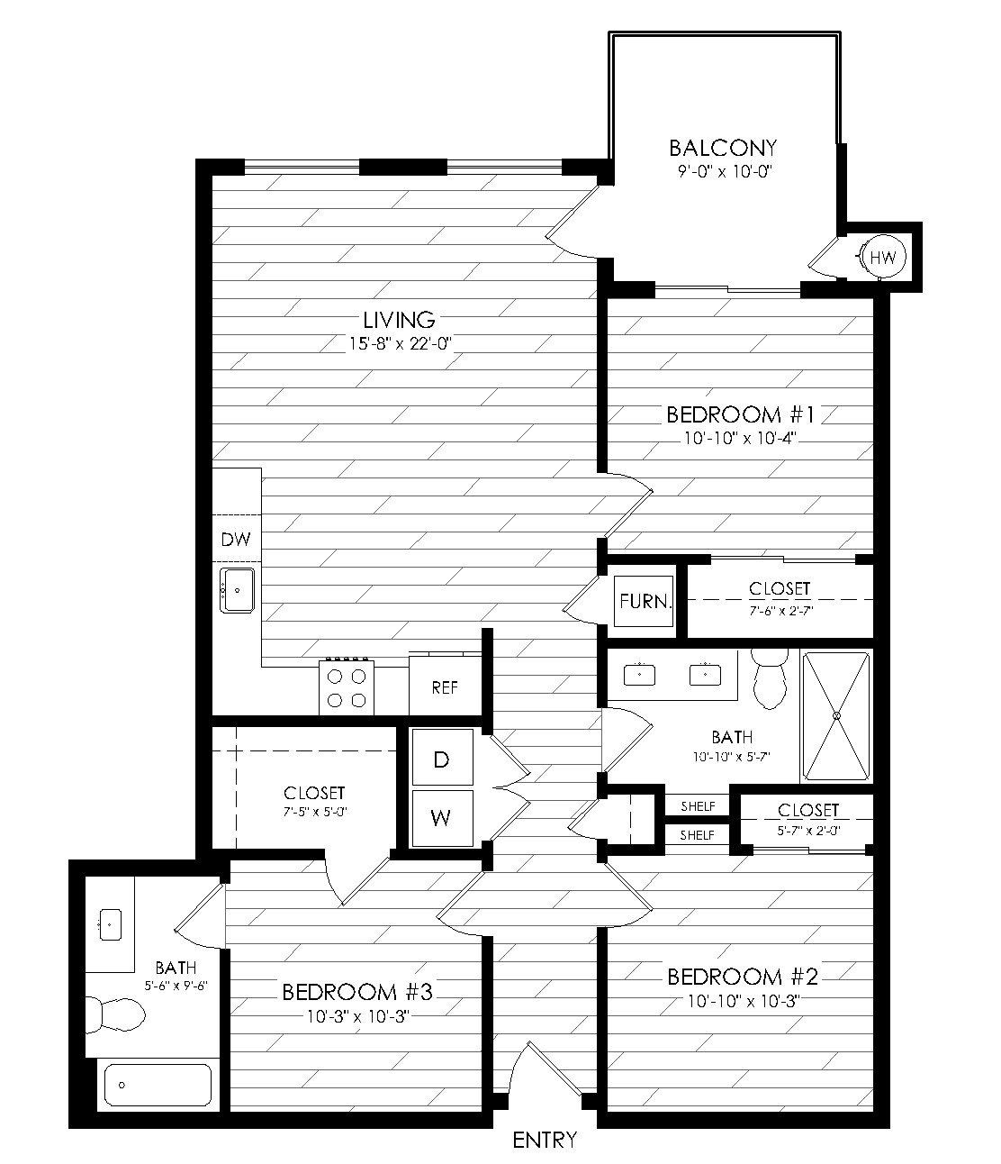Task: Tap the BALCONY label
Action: pyautogui.click(x=723, y=148)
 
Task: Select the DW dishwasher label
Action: pyautogui.click(x=236, y=540)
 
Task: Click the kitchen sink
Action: pyautogui.click(x=237, y=590)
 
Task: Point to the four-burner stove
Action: pyautogui.click(x=347, y=687)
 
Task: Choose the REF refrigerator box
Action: pyautogui.click(x=445, y=685)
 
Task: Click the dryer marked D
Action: pyautogui.click(x=442, y=758)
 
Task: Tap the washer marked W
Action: pyautogui.click(x=442, y=818)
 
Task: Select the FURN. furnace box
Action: pyautogui.click(x=643, y=601)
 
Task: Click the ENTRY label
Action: pyautogui.click(x=545, y=1140)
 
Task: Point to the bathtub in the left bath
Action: pyautogui.click(x=158, y=1085)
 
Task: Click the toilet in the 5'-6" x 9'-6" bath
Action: pyautogui.click(x=115, y=1015)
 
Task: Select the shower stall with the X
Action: pyautogui.click(x=836, y=716)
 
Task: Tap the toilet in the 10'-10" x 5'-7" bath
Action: pyautogui.click(x=770, y=678)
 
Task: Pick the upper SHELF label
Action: pyautogui.click(x=698, y=806)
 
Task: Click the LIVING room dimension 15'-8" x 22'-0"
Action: pyautogui.click(x=401, y=343)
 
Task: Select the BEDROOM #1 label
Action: pyautogui.click(x=741, y=415)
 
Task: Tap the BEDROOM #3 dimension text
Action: pyautogui.click(x=358, y=1016)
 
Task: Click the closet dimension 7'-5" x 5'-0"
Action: pyautogui.click(x=315, y=812)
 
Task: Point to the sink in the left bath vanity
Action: pyautogui.click(x=111, y=924)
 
